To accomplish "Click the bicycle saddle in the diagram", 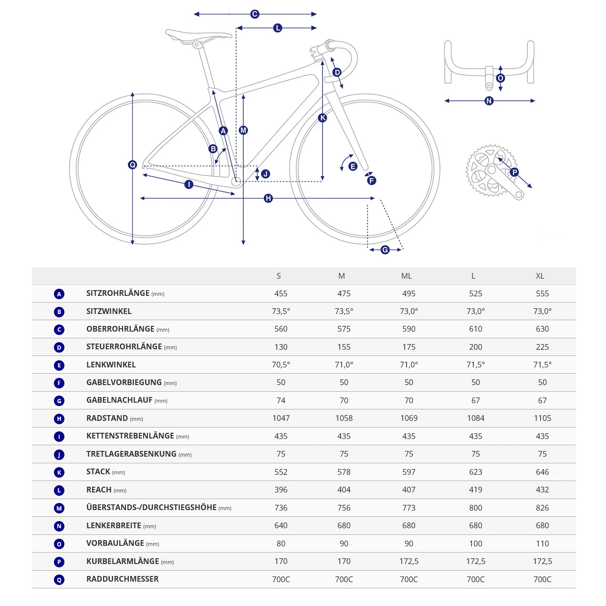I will [198, 35].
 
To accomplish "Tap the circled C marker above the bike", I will [255, 14].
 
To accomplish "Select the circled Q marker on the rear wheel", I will [133, 165].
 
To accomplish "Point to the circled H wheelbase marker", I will [268, 198].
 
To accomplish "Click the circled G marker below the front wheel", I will [385, 250].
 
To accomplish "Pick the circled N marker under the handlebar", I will [489, 101].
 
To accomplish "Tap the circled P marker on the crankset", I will [514, 172].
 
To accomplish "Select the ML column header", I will [407, 276].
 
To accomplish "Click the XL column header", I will [540, 276].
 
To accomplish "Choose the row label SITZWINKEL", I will [109, 311].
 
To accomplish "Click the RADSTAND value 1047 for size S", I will [281, 418].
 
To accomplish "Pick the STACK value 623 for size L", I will [475, 472].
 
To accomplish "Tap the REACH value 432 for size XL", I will [542, 490].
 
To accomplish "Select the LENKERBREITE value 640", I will [281, 525].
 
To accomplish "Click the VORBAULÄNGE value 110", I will [542, 543].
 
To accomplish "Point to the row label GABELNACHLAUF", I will [119, 400].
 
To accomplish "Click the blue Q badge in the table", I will [59, 580].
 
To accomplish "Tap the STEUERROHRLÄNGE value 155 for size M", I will [344, 347].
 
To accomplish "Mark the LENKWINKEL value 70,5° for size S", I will [281, 365].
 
